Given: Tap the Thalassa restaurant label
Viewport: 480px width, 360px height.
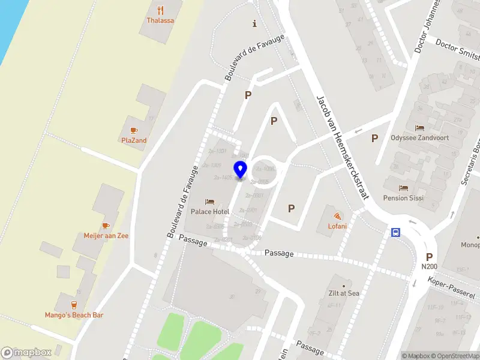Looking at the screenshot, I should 160,20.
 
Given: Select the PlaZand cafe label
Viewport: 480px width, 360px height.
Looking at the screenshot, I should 134,140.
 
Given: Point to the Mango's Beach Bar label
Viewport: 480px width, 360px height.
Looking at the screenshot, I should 74,315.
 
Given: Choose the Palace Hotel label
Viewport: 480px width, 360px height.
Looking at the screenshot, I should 210,212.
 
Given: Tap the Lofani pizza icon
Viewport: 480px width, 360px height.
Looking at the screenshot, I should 337,215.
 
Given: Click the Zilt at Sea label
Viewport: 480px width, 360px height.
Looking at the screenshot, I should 343,293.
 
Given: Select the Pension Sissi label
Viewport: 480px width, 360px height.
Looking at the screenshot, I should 403,198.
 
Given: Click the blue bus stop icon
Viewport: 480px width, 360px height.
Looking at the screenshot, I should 396,233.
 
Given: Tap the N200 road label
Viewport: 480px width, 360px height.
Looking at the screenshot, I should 429,266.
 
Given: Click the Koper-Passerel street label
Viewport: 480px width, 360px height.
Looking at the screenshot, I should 452,289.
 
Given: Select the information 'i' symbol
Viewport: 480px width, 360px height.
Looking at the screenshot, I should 255,24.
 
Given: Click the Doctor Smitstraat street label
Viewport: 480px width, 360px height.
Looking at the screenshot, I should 457,50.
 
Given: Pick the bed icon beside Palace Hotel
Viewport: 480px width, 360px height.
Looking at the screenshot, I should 209,202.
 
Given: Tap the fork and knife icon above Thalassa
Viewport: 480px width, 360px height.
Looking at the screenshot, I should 160,10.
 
